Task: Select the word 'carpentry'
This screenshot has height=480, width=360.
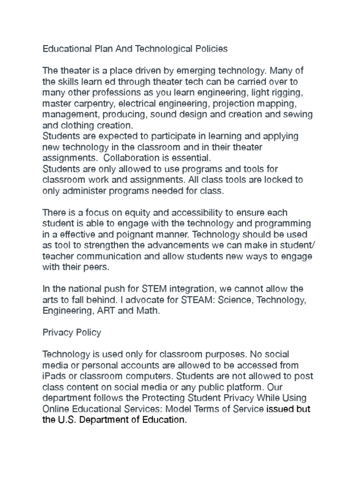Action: (x=91, y=104)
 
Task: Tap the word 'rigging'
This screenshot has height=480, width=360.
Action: (x=293, y=92)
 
